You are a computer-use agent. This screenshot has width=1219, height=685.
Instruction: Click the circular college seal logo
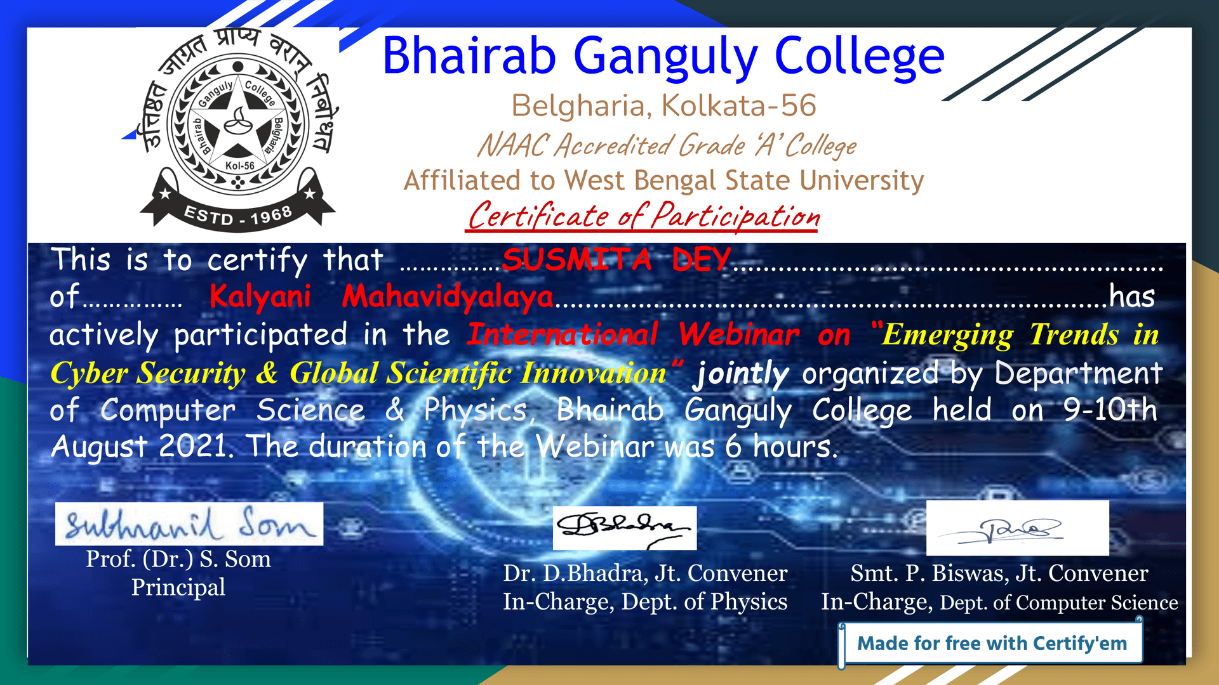click(x=237, y=127)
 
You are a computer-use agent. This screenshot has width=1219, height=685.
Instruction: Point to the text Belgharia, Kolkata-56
click(x=663, y=105)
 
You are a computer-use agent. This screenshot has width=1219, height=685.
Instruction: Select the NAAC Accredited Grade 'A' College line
click(x=667, y=145)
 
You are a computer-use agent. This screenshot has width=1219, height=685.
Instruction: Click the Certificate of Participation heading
click(x=643, y=216)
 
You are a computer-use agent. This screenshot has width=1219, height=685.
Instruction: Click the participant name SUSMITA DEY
click(x=616, y=259)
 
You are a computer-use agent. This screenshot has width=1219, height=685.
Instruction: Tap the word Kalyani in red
click(x=260, y=296)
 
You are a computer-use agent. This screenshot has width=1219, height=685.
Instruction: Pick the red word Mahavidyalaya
click(x=448, y=297)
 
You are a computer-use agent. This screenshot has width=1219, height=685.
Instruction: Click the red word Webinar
click(x=739, y=334)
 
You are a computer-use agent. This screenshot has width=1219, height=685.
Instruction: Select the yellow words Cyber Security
click(x=147, y=373)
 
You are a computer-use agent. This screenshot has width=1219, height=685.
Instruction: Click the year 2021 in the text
click(x=193, y=446)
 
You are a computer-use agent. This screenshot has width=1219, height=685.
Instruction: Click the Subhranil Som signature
click(x=189, y=524)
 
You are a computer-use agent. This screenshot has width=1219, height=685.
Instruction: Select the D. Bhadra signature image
click(x=625, y=528)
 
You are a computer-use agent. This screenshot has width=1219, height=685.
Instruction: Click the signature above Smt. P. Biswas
click(x=1017, y=528)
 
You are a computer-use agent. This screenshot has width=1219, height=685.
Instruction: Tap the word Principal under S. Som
click(x=178, y=587)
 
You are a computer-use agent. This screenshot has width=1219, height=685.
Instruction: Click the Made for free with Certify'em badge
click(x=992, y=643)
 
